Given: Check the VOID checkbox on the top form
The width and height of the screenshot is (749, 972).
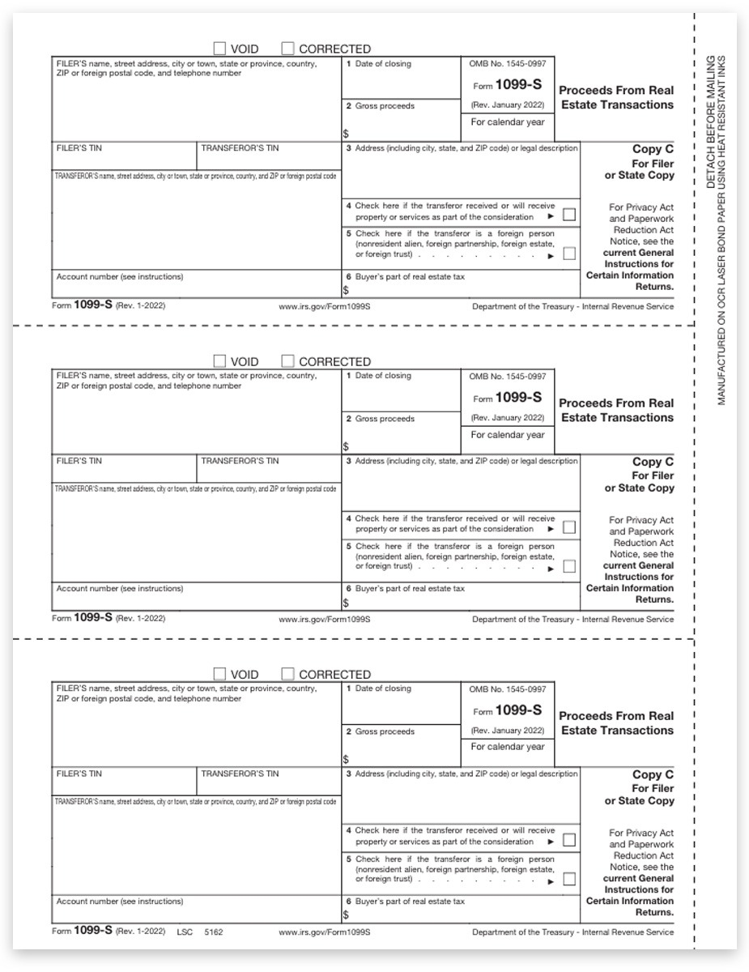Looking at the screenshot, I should point(220,49).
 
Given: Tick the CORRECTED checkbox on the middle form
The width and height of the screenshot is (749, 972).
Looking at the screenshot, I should point(288,361).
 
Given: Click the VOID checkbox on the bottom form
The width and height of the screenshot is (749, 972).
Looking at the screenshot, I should point(220,674).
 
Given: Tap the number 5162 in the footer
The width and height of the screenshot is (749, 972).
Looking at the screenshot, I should point(213,932).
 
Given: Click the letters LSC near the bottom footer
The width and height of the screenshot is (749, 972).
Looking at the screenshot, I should point(185,932).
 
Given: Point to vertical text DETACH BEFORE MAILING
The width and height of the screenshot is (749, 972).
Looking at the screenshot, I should point(710,122).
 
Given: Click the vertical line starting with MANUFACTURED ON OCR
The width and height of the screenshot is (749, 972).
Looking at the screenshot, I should point(722,231).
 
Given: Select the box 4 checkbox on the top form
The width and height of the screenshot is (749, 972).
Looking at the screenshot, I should point(568,215).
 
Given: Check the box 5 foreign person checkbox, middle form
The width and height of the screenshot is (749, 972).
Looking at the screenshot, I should point(568,566).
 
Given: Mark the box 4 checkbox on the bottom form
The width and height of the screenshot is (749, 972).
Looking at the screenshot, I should point(568,840).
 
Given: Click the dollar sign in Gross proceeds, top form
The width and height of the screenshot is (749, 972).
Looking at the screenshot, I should point(346,134).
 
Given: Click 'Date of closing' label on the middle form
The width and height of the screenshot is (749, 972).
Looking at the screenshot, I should point(383,376).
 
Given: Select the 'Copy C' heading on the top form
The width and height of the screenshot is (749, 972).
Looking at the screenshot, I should point(653,149).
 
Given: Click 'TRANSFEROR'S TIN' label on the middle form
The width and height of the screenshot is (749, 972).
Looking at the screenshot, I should point(240,461).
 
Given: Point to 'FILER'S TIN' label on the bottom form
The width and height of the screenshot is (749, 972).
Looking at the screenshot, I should point(79,774).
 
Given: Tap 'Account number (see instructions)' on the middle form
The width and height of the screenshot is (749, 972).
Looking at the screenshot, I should point(120,589).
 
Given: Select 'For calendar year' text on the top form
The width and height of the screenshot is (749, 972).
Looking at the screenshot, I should point(508,122).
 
